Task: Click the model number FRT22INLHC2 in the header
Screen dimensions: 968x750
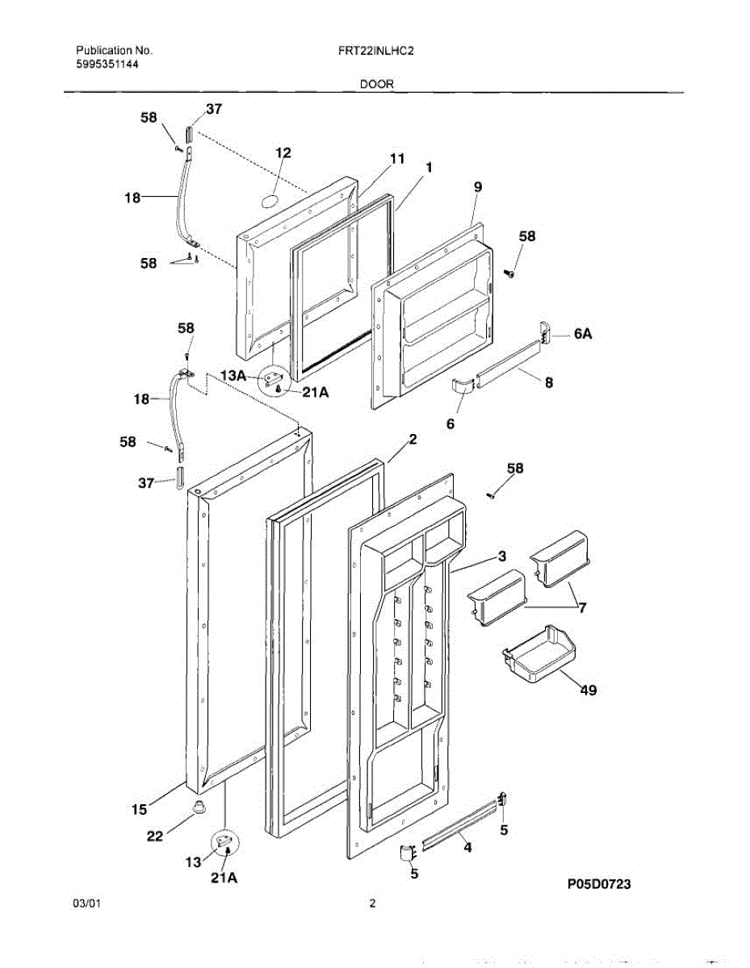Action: pyautogui.click(x=377, y=50)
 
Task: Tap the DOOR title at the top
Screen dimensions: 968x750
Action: pyautogui.click(x=377, y=84)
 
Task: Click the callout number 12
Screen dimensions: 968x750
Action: pyautogui.click(x=283, y=152)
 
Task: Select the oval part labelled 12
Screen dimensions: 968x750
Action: pyautogui.click(x=273, y=199)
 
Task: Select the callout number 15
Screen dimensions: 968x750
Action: pyautogui.click(x=140, y=809)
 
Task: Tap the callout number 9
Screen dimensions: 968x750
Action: pyautogui.click(x=478, y=186)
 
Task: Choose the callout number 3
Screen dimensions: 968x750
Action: pyautogui.click(x=501, y=556)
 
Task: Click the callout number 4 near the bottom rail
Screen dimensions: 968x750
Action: pyautogui.click(x=466, y=847)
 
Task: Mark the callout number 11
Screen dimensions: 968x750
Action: pyautogui.click(x=396, y=159)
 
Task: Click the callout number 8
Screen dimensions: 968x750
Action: pyautogui.click(x=549, y=383)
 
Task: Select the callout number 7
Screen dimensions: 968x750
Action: pyautogui.click(x=581, y=607)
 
